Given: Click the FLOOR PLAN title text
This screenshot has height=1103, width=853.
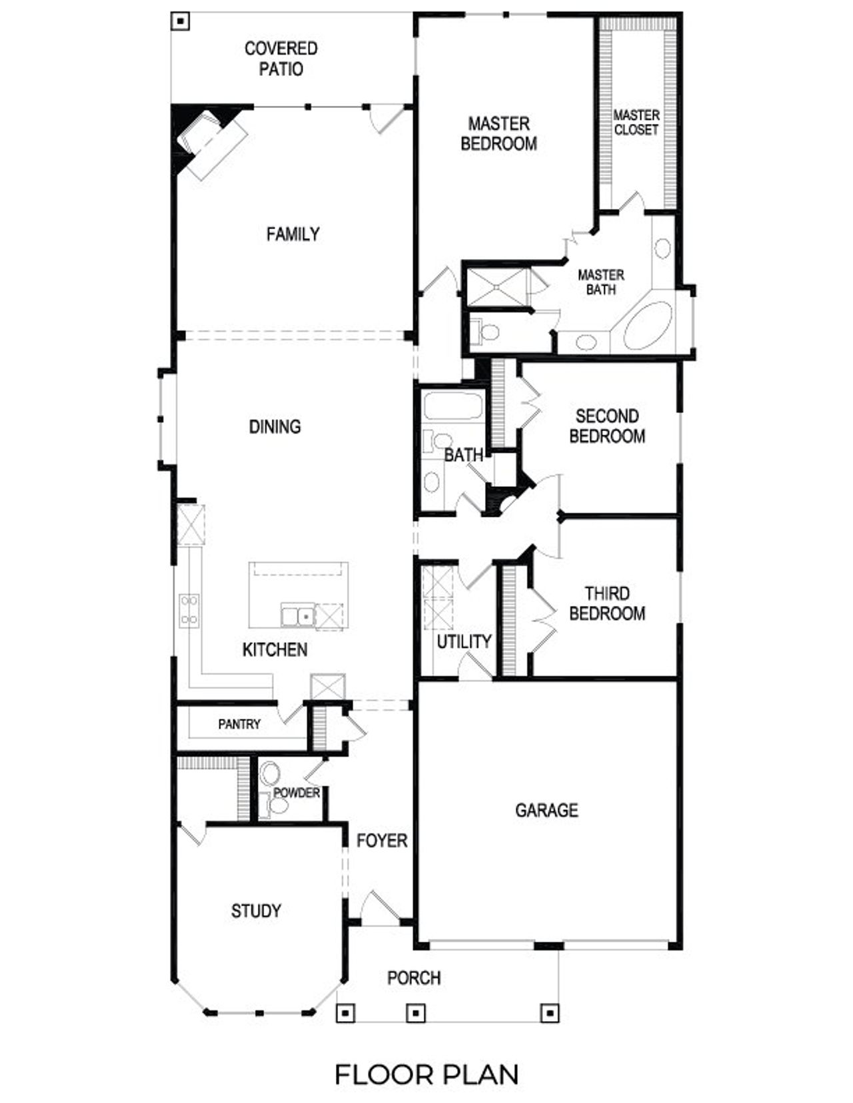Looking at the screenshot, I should (426, 1074).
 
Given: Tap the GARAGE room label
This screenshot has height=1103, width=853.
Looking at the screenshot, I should (546, 810).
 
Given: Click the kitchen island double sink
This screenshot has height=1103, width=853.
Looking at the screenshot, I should (297, 615).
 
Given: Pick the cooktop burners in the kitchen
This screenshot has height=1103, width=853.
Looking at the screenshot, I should (189, 610).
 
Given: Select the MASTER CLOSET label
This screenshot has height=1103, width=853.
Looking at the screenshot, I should (636, 123).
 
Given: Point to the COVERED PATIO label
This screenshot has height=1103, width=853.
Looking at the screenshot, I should (281, 59).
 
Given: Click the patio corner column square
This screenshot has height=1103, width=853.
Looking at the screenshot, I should (180, 21).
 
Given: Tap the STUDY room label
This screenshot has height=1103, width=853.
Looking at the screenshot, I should (256, 911).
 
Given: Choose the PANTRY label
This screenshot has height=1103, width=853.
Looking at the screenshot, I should (239, 724).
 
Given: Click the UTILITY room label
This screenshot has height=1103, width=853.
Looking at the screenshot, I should (464, 641).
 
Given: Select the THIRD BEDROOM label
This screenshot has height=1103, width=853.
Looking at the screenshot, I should (607, 603).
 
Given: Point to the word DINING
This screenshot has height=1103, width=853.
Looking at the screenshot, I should (275, 426).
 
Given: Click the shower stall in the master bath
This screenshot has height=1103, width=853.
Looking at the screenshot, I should (496, 286).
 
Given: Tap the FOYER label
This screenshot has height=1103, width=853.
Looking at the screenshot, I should (382, 841).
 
